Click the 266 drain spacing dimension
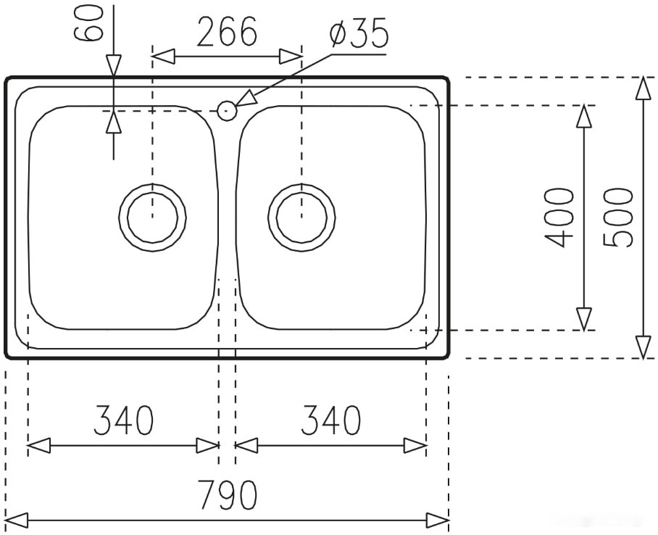(x=228, y=33)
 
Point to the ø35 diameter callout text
(x=358, y=34)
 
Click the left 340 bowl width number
(x=124, y=420)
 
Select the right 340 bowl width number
(x=330, y=420)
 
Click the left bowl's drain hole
(x=152, y=217)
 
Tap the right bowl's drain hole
(x=301, y=217)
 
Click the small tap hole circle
(x=226, y=111)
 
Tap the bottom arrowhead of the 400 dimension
(x=583, y=320)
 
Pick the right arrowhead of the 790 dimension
(x=438, y=520)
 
